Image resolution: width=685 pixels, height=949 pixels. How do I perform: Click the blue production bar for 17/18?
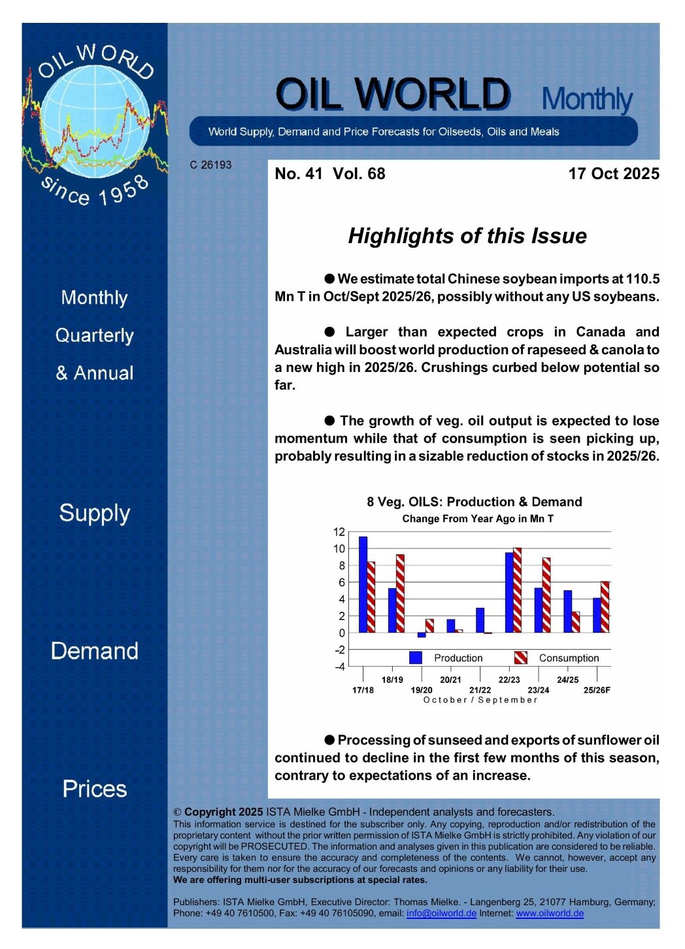click(x=363, y=584)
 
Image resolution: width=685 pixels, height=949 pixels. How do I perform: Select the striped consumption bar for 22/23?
click(x=517, y=590)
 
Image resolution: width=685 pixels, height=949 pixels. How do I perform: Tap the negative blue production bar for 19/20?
click(x=422, y=635)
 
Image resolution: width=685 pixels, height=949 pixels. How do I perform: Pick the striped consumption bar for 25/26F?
click(x=605, y=607)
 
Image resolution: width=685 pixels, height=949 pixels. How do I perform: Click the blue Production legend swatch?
click(x=416, y=658)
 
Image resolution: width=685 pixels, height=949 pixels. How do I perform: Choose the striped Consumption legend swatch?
click(x=520, y=658)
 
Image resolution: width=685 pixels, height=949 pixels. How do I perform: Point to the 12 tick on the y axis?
click(x=339, y=532)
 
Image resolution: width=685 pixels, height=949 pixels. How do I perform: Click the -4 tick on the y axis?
click(x=339, y=667)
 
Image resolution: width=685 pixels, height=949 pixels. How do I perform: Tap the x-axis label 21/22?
click(x=480, y=690)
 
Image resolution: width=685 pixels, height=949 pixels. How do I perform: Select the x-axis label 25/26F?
click(x=597, y=690)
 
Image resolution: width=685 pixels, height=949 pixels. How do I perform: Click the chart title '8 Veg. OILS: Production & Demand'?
click(x=474, y=502)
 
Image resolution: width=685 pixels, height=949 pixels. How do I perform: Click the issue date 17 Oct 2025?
click(x=613, y=174)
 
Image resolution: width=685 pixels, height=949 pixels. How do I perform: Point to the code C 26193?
click(x=210, y=165)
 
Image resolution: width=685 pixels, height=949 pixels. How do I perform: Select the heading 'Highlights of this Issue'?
click(x=467, y=236)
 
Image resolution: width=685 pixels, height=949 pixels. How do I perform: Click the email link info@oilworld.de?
click(x=441, y=913)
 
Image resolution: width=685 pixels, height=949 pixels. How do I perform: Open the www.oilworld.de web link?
click(x=550, y=913)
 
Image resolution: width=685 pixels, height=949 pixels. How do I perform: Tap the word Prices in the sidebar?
click(x=95, y=789)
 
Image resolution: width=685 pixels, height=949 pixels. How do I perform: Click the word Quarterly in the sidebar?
click(x=95, y=335)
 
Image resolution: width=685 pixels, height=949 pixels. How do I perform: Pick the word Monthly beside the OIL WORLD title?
click(x=587, y=99)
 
